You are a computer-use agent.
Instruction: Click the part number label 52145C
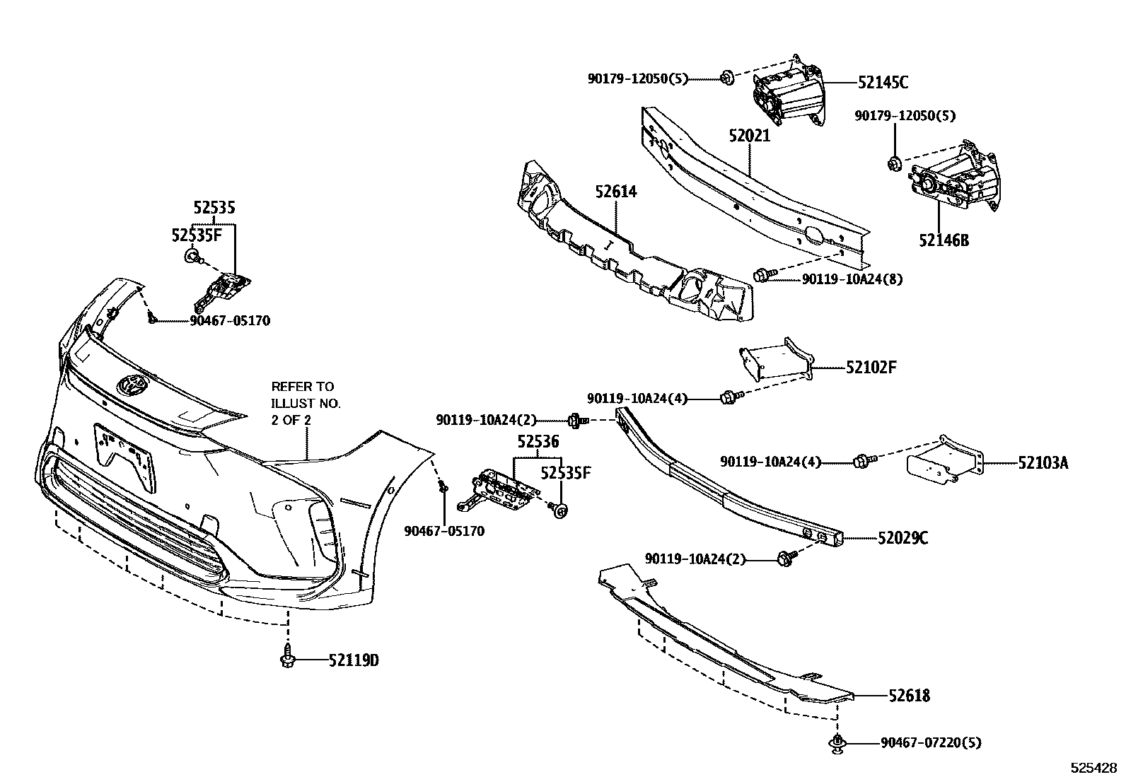[x=883, y=83]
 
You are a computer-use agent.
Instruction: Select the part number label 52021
[x=750, y=135]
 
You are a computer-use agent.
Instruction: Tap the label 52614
[x=615, y=191]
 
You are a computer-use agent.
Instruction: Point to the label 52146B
[x=944, y=240]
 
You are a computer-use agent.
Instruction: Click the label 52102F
[x=871, y=368]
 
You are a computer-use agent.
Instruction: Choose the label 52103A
[x=1043, y=463]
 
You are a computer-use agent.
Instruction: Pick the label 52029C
[x=902, y=539]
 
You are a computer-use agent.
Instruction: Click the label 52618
[x=909, y=696]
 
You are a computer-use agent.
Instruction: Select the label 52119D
[x=354, y=660]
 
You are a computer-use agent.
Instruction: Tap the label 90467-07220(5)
[x=931, y=742]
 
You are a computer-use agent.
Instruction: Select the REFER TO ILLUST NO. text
[x=306, y=403]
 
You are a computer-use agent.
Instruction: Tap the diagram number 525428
[x=1093, y=767]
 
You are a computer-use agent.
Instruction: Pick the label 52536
[x=538, y=443]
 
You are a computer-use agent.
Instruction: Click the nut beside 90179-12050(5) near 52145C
[x=726, y=78]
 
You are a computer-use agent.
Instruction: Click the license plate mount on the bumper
[x=126, y=454]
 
